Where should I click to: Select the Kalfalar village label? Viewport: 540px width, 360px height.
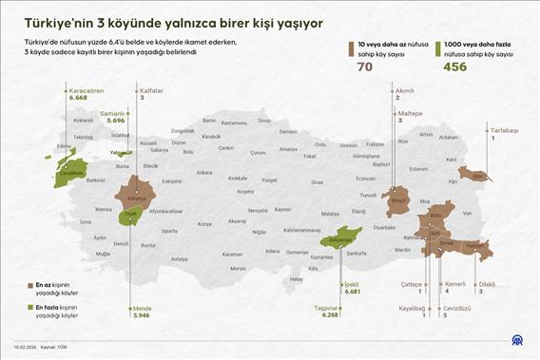152,90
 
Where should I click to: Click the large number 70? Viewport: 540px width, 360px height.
364,66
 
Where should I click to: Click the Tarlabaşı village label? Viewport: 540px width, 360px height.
504,130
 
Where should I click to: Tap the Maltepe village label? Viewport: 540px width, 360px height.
411,113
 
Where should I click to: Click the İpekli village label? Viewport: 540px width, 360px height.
353,284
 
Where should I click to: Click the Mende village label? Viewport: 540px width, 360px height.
142,308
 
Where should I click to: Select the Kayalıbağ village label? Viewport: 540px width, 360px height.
412,308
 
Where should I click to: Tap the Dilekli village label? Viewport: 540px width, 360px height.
487,284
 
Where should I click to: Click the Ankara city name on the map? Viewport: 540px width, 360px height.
203,173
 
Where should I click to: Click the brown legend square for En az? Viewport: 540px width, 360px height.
29,284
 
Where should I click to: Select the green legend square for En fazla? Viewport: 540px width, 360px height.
29,308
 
